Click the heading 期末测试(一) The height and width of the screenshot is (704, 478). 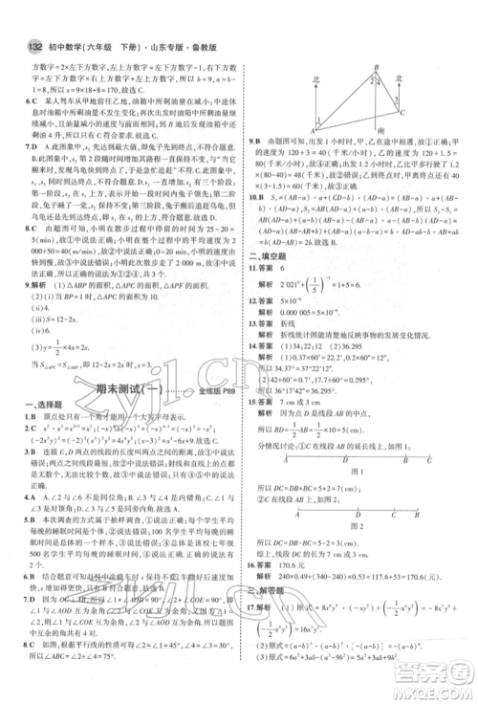pos(122,388)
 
